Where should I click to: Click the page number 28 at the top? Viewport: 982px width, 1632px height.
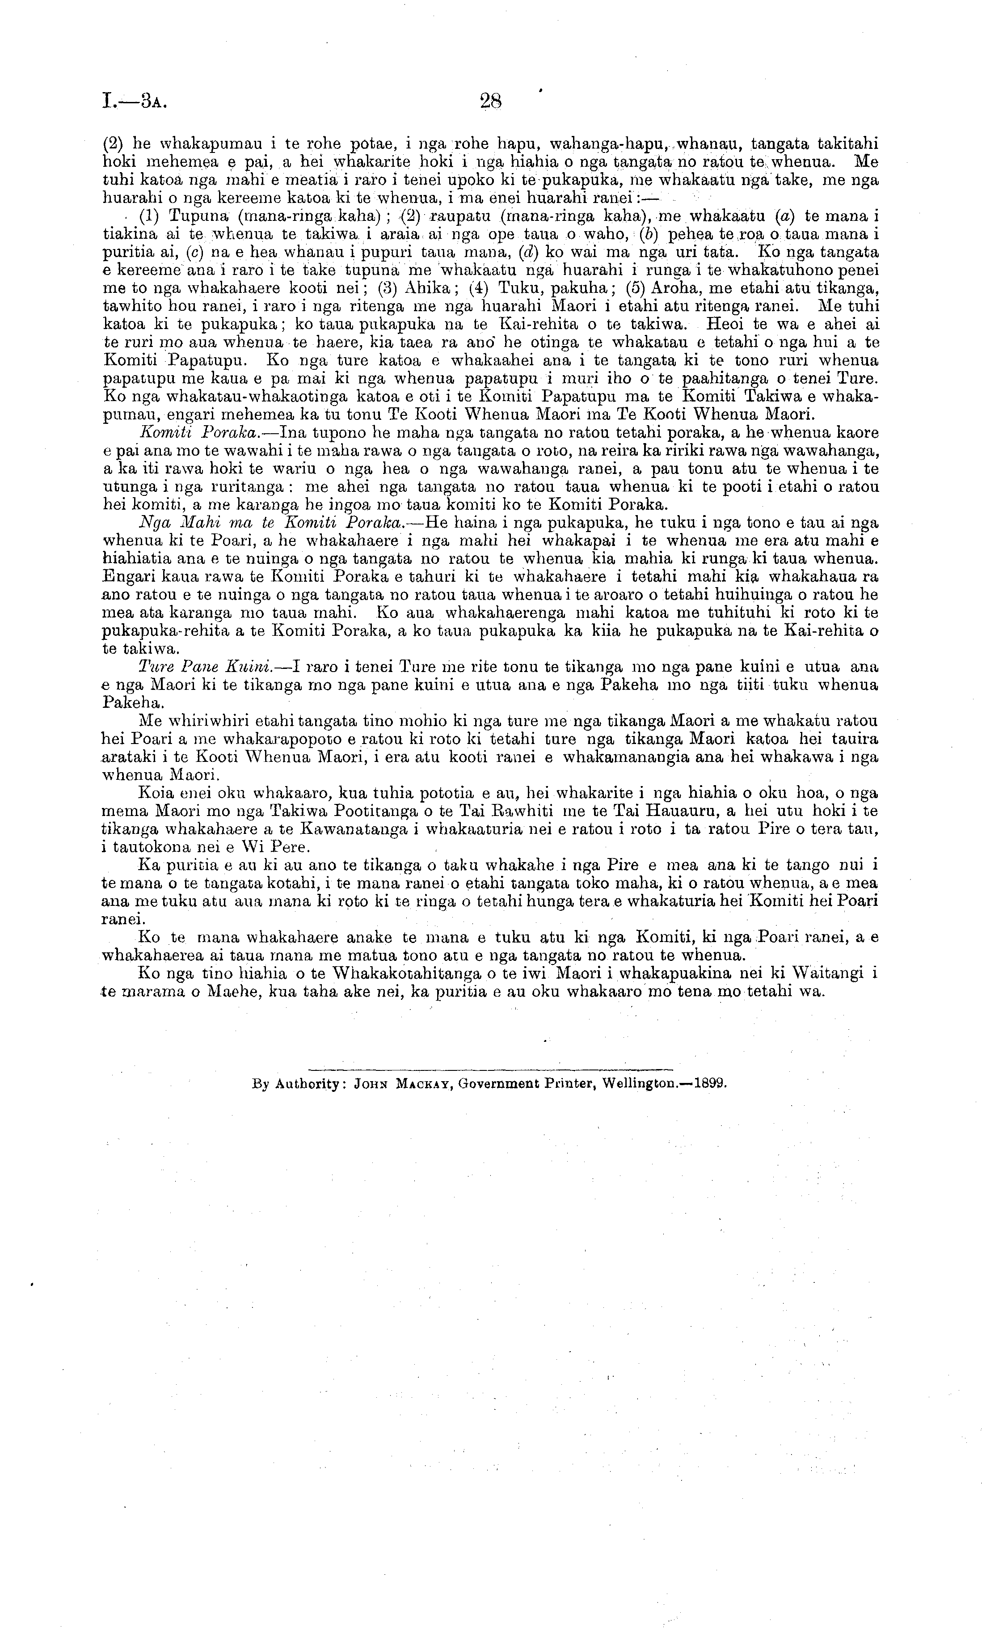(x=491, y=101)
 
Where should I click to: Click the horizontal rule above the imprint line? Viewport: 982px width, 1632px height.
(x=490, y=1068)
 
